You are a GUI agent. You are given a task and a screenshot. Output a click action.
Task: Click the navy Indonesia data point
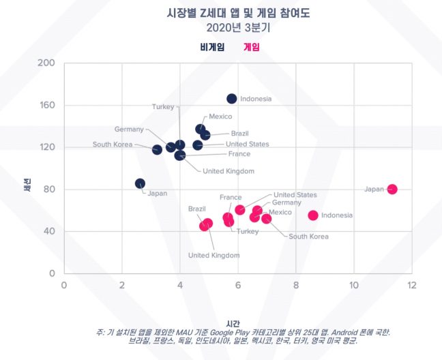(232, 99)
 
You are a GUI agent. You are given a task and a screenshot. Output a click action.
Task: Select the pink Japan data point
(392, 189)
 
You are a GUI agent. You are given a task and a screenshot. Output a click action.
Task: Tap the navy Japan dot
(140, 183)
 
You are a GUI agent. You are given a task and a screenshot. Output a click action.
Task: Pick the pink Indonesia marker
(313, 215)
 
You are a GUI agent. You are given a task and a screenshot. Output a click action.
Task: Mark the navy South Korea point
(157, 149)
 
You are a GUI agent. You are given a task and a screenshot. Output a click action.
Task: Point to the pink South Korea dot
(267, 219)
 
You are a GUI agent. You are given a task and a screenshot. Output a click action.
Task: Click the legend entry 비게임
(212, 47)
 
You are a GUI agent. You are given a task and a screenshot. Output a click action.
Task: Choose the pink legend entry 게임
(252, 47)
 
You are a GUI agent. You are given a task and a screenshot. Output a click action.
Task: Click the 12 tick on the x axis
(411, 284)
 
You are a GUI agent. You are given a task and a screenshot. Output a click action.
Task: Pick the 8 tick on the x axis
(295, 284)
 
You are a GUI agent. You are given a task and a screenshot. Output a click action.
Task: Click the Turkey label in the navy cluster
(163, 107)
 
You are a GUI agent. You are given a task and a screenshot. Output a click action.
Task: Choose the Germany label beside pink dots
(286, 202)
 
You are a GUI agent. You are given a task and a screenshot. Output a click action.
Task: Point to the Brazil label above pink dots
(197, 209)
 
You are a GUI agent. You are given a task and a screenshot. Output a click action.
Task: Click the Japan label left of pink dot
(374, 189)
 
